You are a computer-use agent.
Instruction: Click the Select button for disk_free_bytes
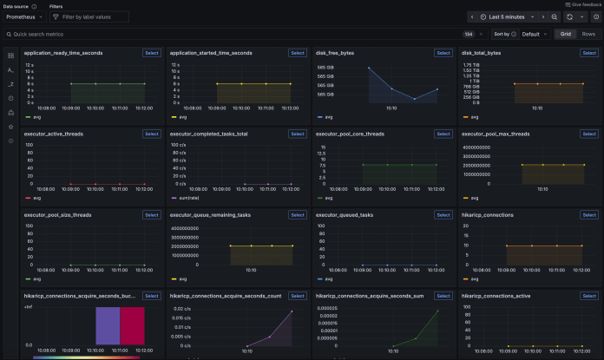pyautogui.click(x=443, y=53)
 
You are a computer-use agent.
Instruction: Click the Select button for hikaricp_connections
pyautogui.click(x=589, y=214)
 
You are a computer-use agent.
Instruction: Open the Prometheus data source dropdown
pyautogui.click(x=24, y=16)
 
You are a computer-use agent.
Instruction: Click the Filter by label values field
pyautogui.click(x=89, y=16)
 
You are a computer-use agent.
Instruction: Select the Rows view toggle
pyautogui.click(x=588, y=34)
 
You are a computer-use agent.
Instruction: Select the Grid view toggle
pyautogui.click(x=566, y=34)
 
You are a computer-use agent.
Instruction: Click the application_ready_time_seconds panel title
pyautogui.click(x=63, y=53)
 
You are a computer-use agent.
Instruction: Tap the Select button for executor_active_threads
pyautogui.click(x=152, y=134)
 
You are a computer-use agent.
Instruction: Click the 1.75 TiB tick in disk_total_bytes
pyautogui.click(x=471, y=65)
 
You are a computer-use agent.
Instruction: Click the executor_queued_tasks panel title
pyautogui.click(x=345, y=214)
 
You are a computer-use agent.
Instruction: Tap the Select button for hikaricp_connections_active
pyautogui.click(x=589, y=295)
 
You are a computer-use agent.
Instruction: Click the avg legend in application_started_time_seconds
pyautogui.click(x=184, y=116)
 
